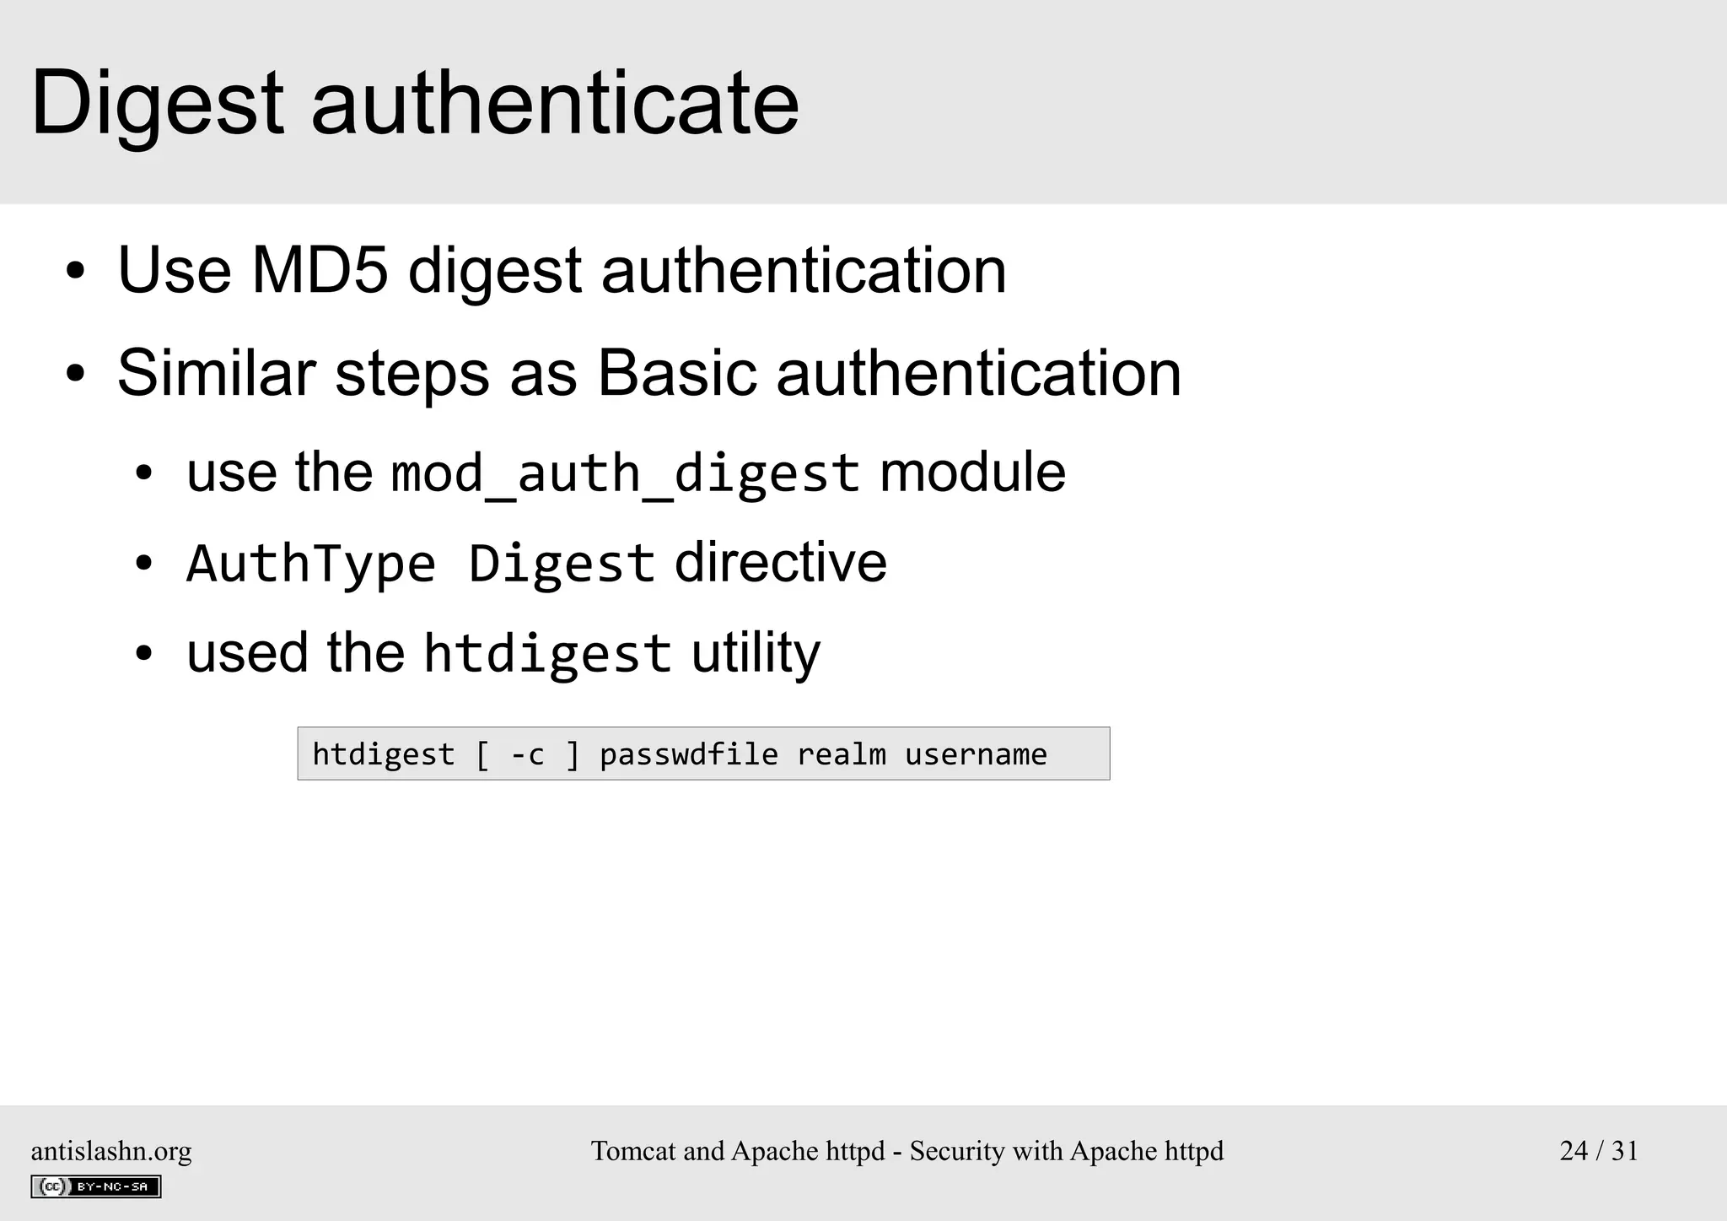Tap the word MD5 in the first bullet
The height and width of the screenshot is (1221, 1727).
point(320,271)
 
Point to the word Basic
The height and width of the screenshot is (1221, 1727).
point(677,373)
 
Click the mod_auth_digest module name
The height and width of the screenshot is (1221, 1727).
point(625,473)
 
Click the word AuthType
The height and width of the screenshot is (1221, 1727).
point(311,563)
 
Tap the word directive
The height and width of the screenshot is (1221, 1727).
point(781,563)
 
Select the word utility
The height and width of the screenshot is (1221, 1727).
point(756,653)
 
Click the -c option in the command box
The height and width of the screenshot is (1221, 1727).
point(528,754)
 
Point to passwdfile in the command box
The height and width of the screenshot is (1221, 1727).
point(689,754)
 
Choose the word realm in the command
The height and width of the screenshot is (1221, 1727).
point(842,754)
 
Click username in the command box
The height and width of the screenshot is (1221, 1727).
point(976,754)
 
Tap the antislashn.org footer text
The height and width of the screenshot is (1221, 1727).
point(111,1151)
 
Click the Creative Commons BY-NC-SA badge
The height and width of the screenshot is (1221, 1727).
point(96,1186)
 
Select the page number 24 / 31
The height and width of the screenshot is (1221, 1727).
point(1599,1151)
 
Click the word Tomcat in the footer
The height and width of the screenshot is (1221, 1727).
point(632,1151)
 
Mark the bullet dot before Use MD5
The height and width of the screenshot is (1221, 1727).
point(76,272)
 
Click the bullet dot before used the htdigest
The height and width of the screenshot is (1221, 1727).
point(144,654)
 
